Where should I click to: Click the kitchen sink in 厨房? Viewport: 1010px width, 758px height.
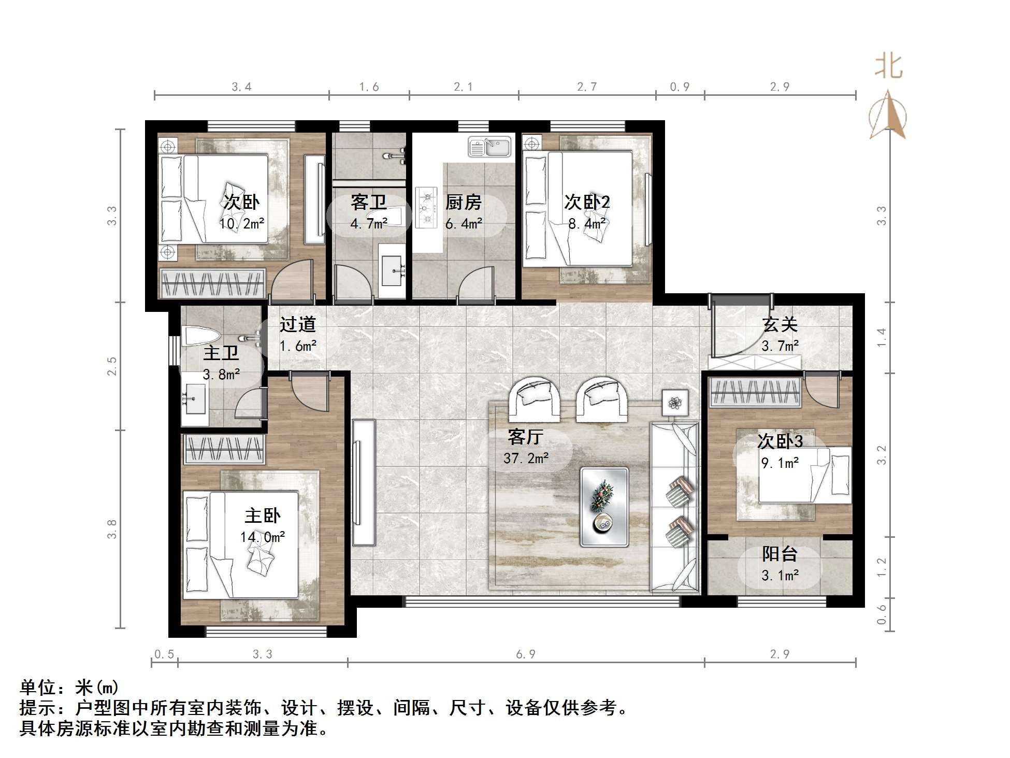click(489, 147)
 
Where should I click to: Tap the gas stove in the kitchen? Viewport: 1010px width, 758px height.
click(427, 208)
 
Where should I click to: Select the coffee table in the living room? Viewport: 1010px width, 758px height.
click(604, 507)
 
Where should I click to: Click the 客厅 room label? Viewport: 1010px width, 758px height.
click(525, 437)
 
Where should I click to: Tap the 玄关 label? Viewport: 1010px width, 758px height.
click(780, 324)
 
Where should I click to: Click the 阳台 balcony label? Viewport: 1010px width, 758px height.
click(780, 554)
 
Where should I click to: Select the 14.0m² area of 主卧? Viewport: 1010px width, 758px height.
click(263, 537)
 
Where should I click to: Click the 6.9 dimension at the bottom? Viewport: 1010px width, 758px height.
click(525, 654)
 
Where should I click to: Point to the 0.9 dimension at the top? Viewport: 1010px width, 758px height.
click(680, 87)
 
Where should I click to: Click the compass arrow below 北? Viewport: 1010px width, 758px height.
click(889, 117)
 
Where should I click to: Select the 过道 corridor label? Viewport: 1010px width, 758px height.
click(298, 324)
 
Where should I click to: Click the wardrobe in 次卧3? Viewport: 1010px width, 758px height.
click(755, 392)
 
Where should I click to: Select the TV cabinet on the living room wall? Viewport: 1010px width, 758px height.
click(364, 482)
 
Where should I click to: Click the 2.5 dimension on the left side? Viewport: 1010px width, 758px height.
click(112, 366)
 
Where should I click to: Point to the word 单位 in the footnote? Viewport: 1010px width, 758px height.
click(38, 688)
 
